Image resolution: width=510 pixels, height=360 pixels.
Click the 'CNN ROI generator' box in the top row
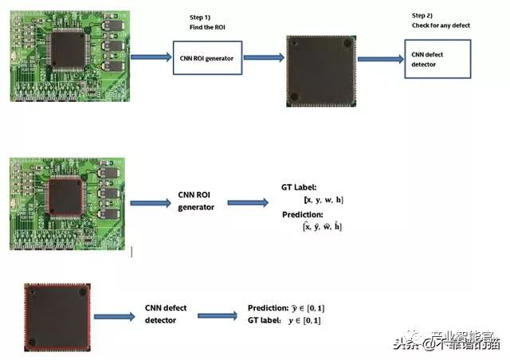(206, 59)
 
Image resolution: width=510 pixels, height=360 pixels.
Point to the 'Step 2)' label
(423, 15)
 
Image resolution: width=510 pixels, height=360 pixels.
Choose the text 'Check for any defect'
(441, 25)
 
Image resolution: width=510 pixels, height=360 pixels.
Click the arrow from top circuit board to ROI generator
(150, 57)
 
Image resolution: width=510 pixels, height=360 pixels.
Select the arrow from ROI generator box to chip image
(263, 57)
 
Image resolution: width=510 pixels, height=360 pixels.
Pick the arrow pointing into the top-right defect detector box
(380, 59)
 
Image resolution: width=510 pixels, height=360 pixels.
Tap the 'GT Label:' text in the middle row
(300, 186)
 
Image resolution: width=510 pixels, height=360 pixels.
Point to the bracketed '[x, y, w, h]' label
(323, 199)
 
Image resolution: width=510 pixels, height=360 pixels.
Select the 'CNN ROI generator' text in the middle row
(196, 202)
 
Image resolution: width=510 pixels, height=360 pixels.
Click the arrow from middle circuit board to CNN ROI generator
(150, 203)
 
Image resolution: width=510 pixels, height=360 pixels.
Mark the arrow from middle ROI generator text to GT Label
(248, 202)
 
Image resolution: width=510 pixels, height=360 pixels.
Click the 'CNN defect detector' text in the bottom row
(166, 315)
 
